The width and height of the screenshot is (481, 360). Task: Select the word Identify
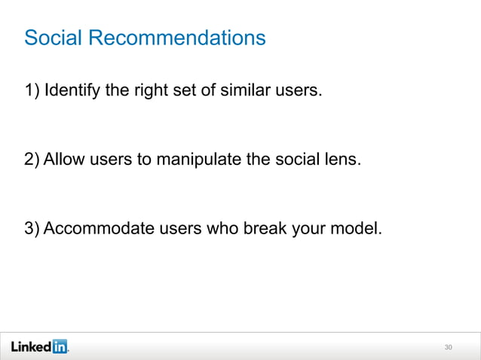(72, 92)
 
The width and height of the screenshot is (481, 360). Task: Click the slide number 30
(449, 347)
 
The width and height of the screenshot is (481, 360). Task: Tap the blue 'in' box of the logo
(59, 346)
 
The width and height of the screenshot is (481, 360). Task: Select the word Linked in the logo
(30, 346)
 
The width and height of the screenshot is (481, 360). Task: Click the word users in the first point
(299, 92)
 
